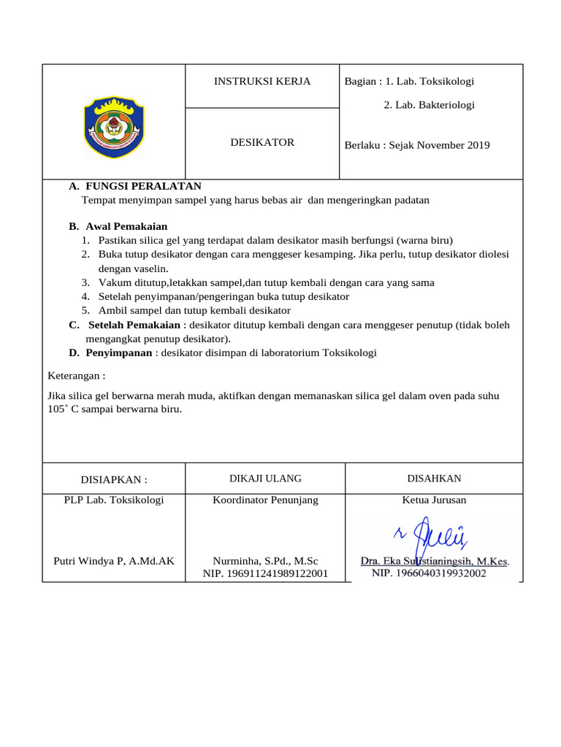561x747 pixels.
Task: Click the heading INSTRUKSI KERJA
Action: (x=262, y=81)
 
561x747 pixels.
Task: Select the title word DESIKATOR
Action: (x=262, y=142)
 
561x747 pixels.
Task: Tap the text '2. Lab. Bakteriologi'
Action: (x=429, y=105)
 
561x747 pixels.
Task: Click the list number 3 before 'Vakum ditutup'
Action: (x=85, y=282)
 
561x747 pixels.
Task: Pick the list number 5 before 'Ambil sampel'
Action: (x=85, y=310)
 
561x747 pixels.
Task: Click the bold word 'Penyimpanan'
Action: (x=119, y=352)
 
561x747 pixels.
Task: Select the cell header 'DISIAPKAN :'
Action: (x=113, y=479)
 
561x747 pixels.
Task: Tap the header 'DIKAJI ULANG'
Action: (x=265, y=479)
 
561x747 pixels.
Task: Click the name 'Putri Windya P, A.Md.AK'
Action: (x=114, y=561)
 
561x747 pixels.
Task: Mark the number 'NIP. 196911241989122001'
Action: (x=265, y=574)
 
